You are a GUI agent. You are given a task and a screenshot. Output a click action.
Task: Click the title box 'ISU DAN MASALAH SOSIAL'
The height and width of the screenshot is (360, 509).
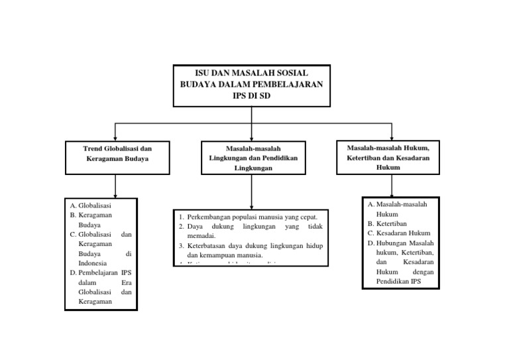[251, 85]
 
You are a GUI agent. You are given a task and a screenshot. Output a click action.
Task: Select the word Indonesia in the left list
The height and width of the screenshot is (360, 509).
[87, 263]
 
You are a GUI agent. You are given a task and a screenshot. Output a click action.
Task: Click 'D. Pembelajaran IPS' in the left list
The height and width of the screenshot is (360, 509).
[99, 272]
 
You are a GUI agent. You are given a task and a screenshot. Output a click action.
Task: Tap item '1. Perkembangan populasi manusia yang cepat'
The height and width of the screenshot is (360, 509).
[252, 217]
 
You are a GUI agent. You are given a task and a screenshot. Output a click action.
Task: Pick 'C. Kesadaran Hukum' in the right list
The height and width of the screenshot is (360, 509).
[400, 233]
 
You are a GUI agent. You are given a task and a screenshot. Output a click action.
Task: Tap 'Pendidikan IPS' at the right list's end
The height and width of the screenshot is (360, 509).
[398, 280]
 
